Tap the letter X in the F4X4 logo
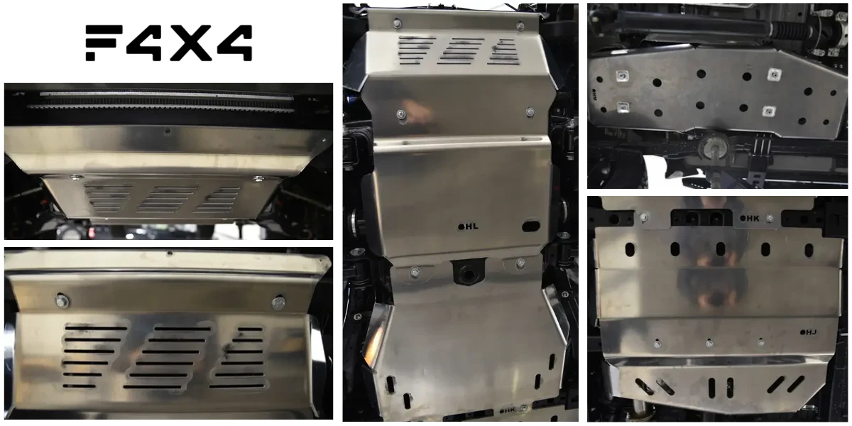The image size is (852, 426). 191,43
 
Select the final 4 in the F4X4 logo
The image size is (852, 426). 235,43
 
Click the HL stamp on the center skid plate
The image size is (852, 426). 468,226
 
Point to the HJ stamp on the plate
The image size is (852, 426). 808,332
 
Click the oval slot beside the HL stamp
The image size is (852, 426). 531,226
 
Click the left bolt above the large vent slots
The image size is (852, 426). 62,300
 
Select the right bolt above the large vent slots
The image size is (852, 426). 279,302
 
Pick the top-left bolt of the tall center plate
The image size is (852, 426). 398,23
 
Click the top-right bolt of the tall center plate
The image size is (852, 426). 520,26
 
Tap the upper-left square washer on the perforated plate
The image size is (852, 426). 622,76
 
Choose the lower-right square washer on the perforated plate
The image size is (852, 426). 769,111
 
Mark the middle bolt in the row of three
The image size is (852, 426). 709,343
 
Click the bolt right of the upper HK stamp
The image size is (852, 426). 770,219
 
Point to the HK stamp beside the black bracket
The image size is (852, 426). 750,219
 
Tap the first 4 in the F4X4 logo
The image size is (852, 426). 145,43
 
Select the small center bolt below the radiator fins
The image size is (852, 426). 168,131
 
